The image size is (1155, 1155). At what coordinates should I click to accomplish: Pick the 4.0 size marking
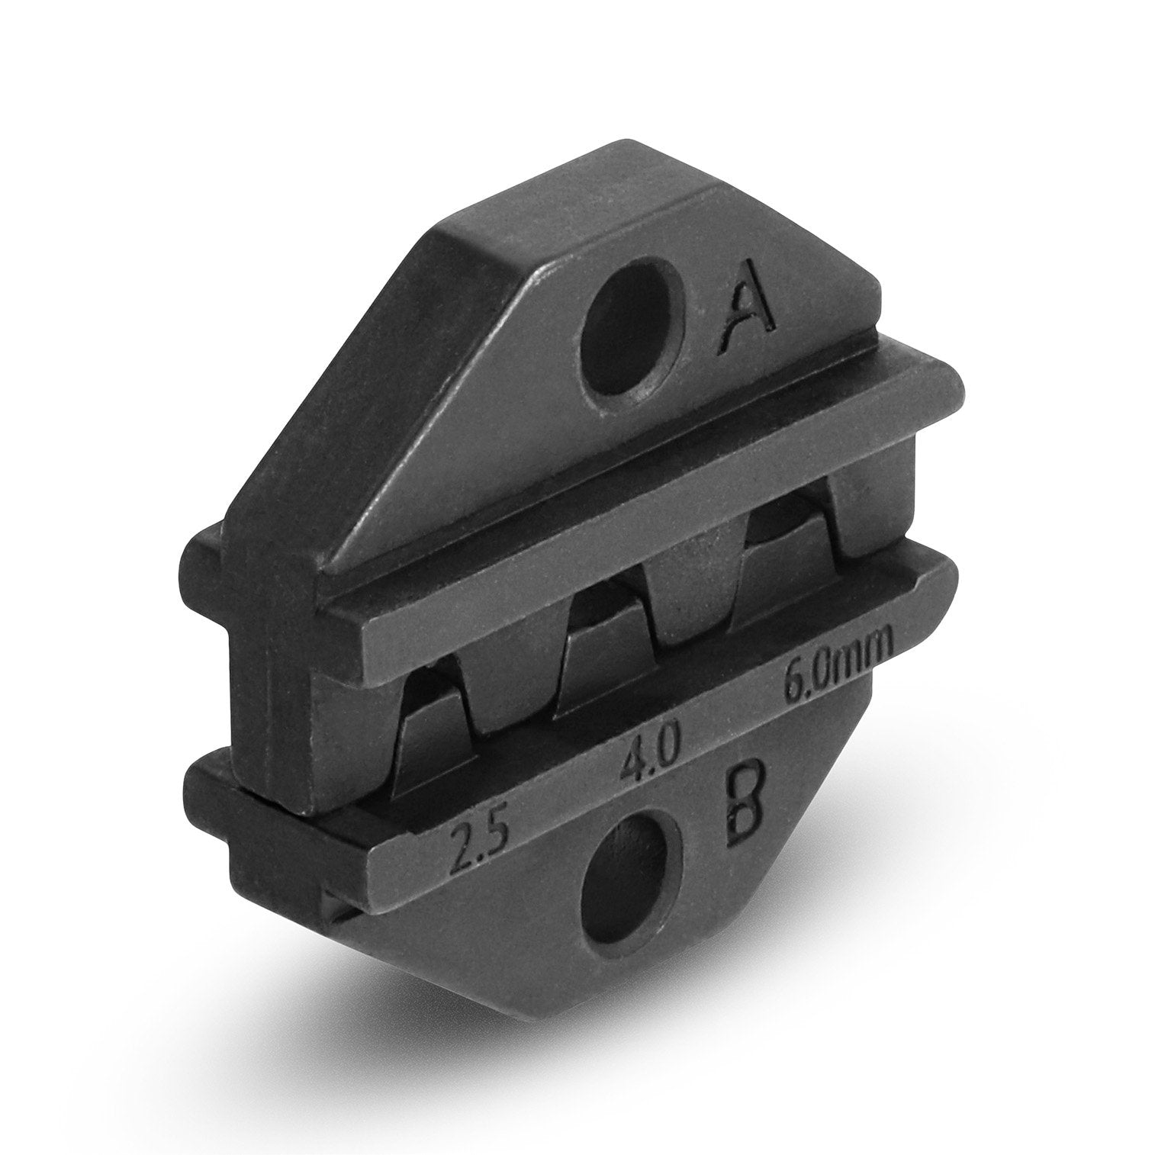(648, 748)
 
